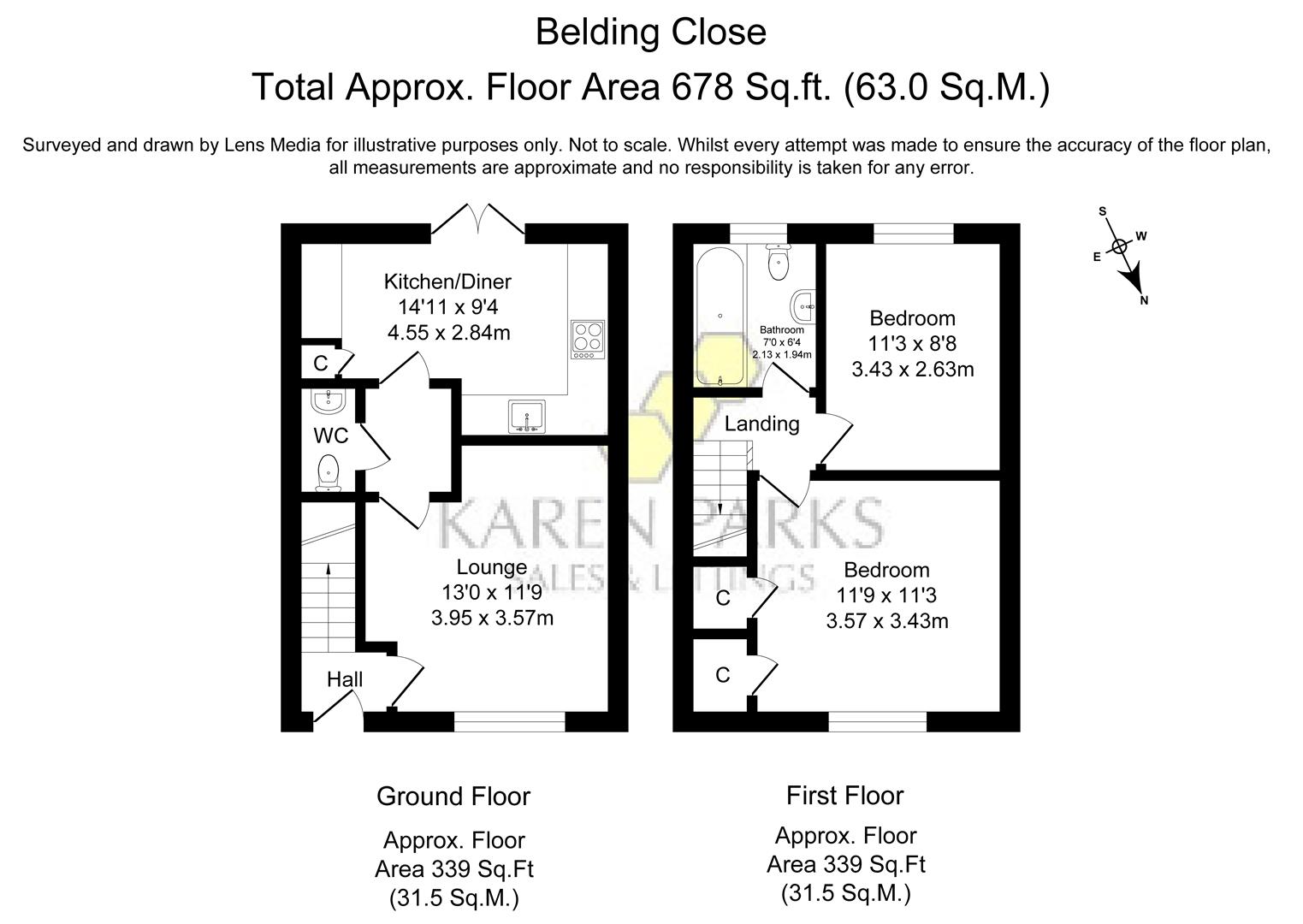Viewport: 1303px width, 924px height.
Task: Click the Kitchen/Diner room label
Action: (x=447, y=281)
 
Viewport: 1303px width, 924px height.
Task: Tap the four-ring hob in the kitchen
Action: (x=587, y=340)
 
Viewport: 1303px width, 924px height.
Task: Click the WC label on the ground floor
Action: (x=330, y=436)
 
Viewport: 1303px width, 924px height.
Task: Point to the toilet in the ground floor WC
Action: (x=329, y=474)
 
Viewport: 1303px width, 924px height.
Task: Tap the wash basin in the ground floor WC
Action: (x=329, y=400)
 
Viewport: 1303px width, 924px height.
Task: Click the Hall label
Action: (x=345, y=679)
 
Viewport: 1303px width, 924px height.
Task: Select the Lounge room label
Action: (x=491, y=567)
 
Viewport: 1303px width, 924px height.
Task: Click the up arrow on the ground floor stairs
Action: (x=329, y=572)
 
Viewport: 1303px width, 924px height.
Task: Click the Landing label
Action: (x=761, y=423)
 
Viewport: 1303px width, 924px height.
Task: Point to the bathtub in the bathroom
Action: (x=720, y=317)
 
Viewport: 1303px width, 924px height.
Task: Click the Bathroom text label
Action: (x=781, y=330)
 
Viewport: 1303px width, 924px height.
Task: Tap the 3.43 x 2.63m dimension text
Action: (x=912, y=370)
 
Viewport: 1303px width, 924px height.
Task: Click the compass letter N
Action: (x=1144, y=300)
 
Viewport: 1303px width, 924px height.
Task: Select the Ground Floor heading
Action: (x=453, y=797)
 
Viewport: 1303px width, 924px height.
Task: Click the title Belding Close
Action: (x=650, y=33)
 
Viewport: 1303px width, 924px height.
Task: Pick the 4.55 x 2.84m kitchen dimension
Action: (x=448, y=333)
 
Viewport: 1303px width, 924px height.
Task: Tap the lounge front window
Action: (x=509, y=723)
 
